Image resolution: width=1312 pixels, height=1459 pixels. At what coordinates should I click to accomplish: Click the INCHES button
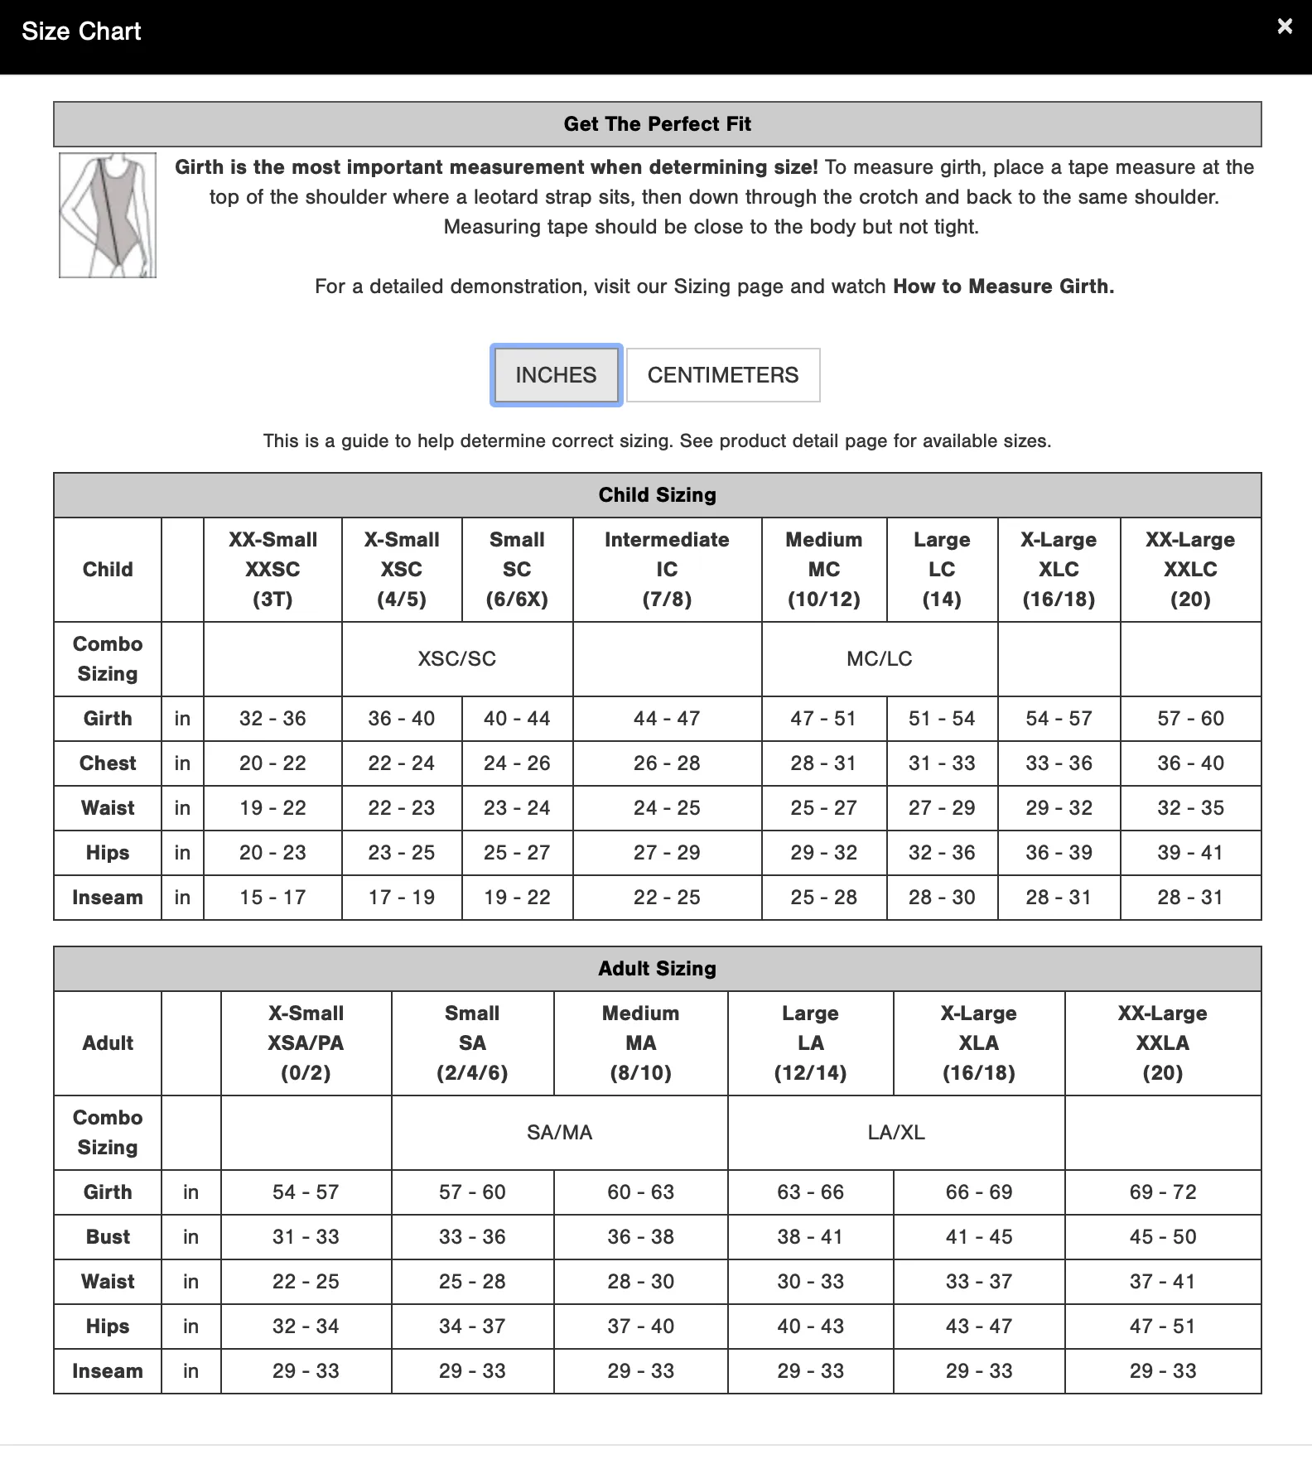click(556, 375)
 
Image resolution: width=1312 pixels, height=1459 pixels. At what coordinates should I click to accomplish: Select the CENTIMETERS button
click(723, 375)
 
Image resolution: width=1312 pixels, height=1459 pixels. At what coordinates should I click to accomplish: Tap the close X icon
click(1285, 26)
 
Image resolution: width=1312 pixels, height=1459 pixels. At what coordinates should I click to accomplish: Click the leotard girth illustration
click(108, 215)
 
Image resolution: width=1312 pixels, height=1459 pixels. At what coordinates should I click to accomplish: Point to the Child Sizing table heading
click(657, 495)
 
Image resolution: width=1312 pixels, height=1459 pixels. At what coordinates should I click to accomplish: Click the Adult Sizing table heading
click(657, 969)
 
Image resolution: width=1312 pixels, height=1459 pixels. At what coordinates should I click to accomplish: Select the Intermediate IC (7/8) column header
click(667, 570)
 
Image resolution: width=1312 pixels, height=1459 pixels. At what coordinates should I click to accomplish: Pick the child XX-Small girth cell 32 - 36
click(273, 719)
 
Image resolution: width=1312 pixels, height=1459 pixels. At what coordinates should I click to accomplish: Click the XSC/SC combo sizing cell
click(456, 659)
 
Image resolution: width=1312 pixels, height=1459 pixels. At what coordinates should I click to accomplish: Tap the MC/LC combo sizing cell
click(879, 659)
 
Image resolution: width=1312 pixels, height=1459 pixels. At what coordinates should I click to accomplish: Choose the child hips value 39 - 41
click(1190, 853)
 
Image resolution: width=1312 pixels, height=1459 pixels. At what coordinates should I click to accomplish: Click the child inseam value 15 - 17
click(273, 898)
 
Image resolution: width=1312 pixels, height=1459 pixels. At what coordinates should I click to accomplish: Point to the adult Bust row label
click(108, 1237)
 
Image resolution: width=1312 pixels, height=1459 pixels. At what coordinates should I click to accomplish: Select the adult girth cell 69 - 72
click(1162, 1192)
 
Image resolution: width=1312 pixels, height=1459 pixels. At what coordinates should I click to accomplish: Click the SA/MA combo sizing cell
click(559, 1133)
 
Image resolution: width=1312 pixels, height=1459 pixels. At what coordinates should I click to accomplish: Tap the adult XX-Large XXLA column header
click(1162, 1043)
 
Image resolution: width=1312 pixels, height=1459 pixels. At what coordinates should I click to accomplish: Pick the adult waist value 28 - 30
click(640, 1282)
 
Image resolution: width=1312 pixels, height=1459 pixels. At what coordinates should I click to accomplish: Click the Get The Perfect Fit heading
click(657, 124)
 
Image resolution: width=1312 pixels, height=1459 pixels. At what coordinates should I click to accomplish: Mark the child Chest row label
click(108, 763)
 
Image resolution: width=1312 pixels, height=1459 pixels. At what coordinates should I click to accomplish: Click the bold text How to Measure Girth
click(1003, 287)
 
